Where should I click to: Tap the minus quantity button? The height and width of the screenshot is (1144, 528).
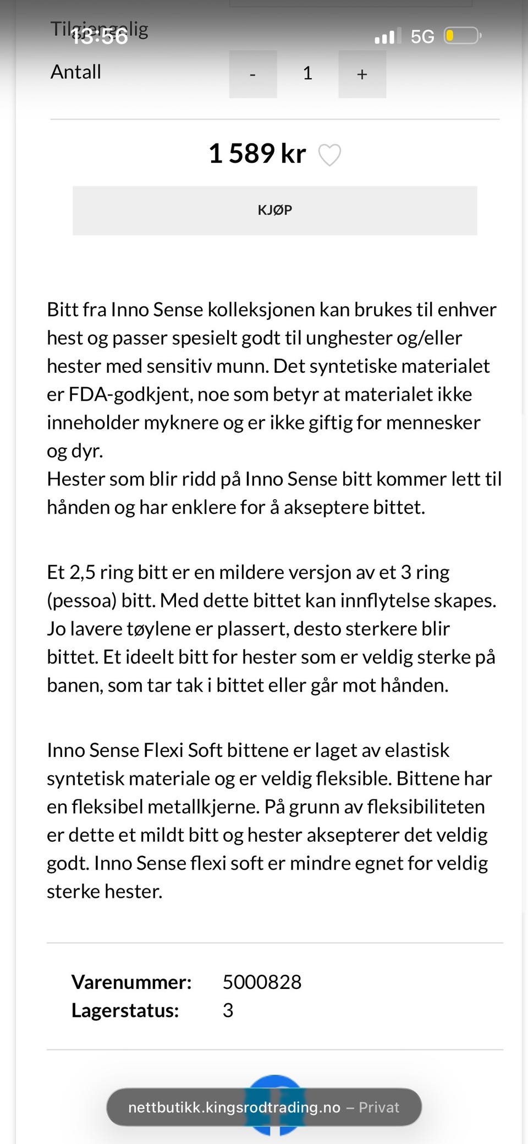252,74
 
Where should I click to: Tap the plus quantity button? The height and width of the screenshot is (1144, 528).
362,74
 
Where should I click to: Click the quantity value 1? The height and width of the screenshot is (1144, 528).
307,73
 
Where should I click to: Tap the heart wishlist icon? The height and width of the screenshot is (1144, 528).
330,155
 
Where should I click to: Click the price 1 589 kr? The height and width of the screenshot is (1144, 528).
257,153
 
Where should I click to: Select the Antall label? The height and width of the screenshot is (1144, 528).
76,72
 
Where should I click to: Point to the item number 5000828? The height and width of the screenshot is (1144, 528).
262,982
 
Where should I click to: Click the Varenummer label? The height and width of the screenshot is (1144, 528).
131,982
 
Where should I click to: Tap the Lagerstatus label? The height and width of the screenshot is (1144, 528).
125,1010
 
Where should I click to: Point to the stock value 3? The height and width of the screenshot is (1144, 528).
228,1010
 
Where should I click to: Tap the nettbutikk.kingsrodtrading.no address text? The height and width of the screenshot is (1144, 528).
234,1107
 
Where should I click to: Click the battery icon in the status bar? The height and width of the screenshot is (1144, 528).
462,36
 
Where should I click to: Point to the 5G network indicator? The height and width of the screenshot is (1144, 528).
422,36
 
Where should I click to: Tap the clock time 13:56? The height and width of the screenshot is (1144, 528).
100,36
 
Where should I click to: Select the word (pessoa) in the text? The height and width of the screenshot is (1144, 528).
81,600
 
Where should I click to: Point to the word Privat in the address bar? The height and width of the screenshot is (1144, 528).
379,1107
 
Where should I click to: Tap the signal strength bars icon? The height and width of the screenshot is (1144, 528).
388,36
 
